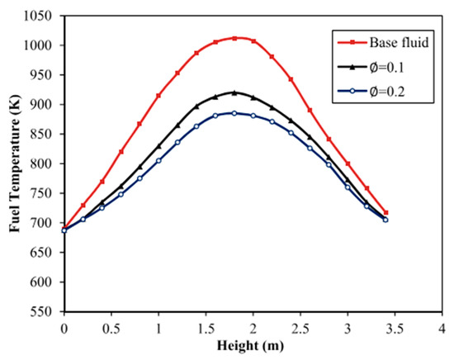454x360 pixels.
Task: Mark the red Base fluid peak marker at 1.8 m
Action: pyautogui.click(x=234, y=38)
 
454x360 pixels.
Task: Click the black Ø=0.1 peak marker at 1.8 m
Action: pyautogui.click(x=234, y=92)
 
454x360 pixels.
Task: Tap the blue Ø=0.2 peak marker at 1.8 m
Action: pyautogui.click(x=234, y=113)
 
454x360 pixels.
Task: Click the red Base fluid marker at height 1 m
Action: pyautogui.click(x=158, y=96)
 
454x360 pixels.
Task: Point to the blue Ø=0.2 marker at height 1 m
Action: pyautogui.click(x=158, y=160)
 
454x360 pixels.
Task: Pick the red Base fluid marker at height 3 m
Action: pyautogui.click(x=348, y=163)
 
